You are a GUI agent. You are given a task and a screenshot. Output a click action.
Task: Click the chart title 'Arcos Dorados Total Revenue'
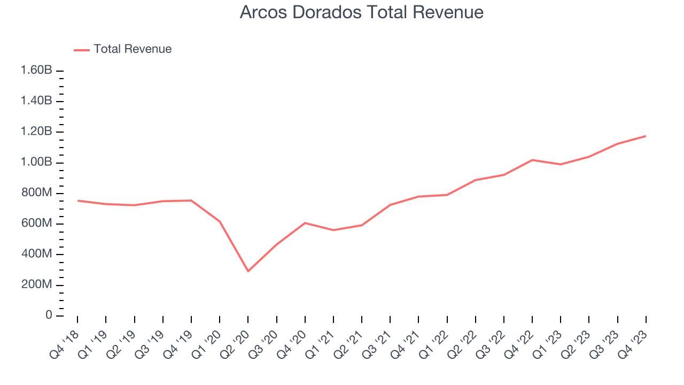click(x=361, y=12)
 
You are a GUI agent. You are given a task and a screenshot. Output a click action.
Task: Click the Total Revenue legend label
click(x=133, y=49)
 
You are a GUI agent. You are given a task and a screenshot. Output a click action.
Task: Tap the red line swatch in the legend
click(x=82, y=50)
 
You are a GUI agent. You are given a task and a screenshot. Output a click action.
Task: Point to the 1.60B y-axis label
click(x=36, y=71)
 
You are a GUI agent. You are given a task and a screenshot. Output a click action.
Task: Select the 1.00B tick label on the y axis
click(x=36, y=163)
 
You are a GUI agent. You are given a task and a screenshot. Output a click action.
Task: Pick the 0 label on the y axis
click(x=49, y=315)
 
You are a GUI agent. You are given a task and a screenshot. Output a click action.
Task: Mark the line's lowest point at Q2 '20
click(x=248, y=271)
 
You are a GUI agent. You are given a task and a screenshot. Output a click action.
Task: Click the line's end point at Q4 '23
click(x=646, y=136)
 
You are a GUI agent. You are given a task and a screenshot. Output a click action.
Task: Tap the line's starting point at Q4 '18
click(x=77, y=201)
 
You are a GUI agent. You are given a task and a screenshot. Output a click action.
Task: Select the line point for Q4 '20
click(x=305, y=223)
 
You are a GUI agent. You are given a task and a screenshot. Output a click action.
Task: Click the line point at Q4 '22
click(x=532, y=160)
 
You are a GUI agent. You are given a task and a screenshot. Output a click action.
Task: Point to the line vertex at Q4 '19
click(x=191, y=201)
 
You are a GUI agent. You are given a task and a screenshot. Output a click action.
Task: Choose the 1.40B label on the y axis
click(x=36, y=101)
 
